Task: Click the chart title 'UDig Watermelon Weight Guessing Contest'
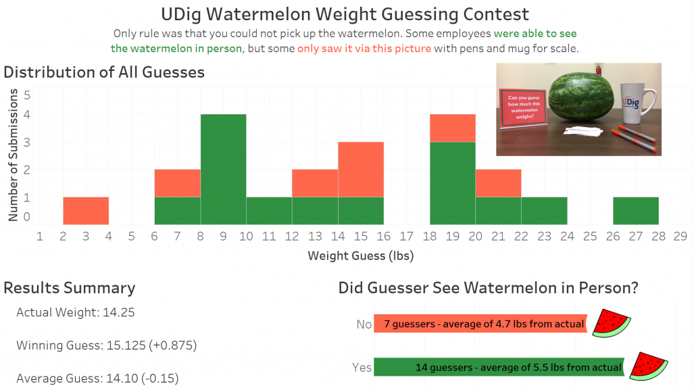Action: tap(345, 14)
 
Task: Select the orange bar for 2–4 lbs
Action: tap(86, 210)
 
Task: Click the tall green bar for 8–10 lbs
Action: tap(223, 169)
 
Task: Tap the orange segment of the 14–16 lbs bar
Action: tap(361, 169)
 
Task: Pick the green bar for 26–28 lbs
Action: tap(636, 210)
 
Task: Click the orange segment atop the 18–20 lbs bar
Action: tap(453, 128)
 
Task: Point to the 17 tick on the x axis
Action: tap(406, 237)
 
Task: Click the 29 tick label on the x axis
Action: tap(681, 237)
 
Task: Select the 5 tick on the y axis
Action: tap(27, 95)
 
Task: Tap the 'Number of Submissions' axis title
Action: tap(13, 155)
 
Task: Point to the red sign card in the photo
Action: tap(522, 108)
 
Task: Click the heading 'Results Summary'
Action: tap(70, 287)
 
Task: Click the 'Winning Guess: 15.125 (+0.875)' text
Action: tap(106, 345)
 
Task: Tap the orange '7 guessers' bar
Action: tap(480, 324)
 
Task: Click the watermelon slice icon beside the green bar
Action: tap(648, 366)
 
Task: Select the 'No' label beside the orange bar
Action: tap(364, 324)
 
